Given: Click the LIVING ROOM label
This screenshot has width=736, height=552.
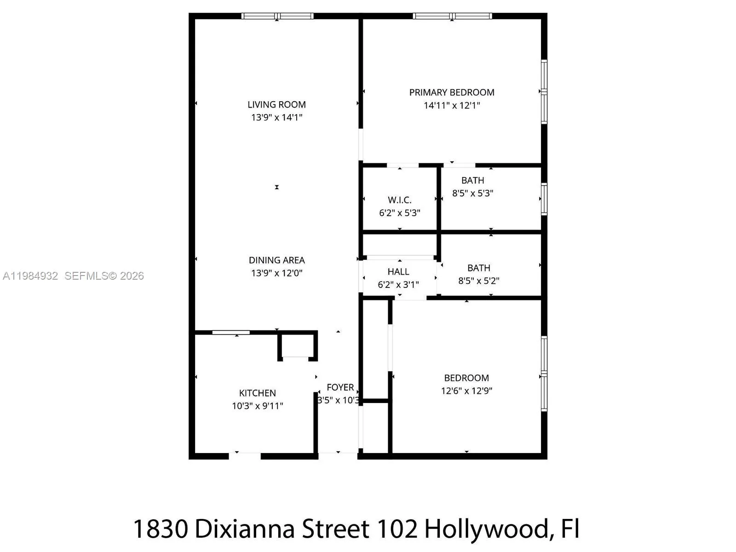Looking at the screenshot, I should (x=276, y=105).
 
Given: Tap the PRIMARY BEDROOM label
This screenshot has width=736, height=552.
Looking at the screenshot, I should (x=452, y=92).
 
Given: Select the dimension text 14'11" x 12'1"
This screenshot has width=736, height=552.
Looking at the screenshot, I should (x=452, y=105).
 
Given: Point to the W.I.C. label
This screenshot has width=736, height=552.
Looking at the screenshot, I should (x=399, y=200).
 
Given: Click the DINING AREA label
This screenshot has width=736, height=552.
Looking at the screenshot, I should (x=276, y=260).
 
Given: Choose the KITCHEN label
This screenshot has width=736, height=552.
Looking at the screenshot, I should (x=257, y=393).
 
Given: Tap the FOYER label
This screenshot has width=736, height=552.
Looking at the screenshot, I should (x=340, y=388).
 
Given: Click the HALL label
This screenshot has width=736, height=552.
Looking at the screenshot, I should (x=398, y=272).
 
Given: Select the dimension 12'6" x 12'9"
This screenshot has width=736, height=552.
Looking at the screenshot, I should (x=466, y=391).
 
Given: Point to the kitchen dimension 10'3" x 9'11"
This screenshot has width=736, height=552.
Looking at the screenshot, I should (x=257, y=406).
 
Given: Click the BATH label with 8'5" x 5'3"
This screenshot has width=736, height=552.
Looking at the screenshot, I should (x=472, y=181).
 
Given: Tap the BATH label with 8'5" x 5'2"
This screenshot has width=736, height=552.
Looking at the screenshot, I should (x=479, y=268).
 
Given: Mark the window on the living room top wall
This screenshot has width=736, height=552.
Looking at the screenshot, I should (x=277, y=16).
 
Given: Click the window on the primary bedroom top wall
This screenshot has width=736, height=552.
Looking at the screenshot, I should (x=452, y=16).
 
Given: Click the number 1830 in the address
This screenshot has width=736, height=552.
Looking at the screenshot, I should (x=161, y=529).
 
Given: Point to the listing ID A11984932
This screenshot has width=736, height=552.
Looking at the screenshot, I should (x=30, y=276).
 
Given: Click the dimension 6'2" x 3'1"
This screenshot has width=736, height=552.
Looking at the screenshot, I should (x=398, y=285).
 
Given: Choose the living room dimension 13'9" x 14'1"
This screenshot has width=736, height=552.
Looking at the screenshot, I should (x=276, y=118).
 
